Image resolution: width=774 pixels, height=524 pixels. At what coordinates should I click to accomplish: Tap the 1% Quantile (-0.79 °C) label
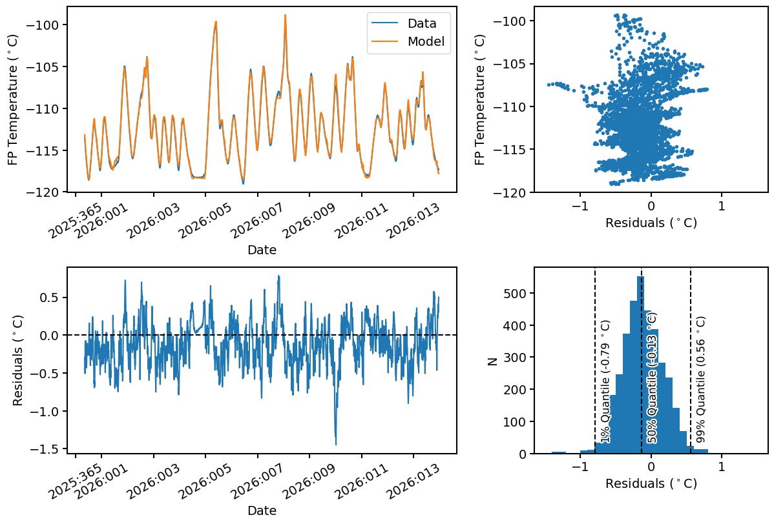point(605,381)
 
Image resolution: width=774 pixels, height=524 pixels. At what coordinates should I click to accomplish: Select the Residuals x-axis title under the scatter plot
point(651,223)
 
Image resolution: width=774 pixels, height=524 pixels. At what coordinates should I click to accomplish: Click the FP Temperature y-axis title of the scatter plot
point(480,99)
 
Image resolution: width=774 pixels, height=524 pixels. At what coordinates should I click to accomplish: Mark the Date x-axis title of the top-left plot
point(262,250)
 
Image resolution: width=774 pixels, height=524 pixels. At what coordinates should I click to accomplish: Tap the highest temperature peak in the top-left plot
point(284,15)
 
